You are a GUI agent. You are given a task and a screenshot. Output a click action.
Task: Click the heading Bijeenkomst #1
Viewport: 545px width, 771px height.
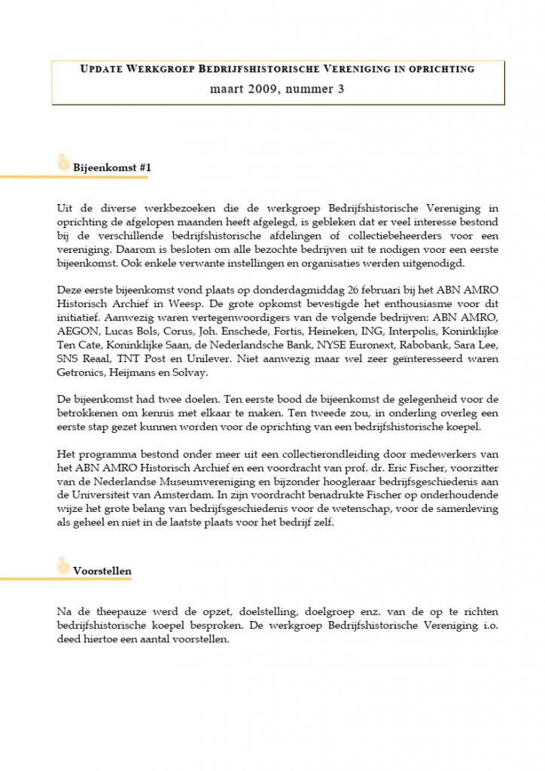112,168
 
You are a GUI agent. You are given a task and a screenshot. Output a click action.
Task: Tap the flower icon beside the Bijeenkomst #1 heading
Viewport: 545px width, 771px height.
64,161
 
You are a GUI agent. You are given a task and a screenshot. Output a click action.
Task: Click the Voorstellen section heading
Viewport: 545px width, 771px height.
102,571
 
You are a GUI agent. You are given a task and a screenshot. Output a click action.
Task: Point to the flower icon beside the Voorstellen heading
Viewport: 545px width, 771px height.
64,564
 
